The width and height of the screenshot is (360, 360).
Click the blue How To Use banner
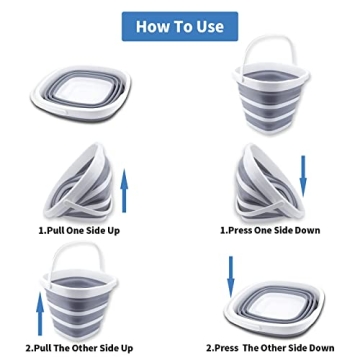[180, 27]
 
